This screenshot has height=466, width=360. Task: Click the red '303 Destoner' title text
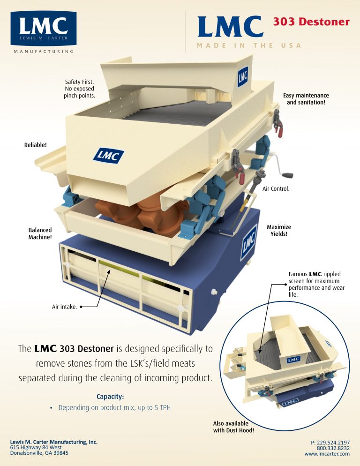pyautogui.click(x=311, y=22)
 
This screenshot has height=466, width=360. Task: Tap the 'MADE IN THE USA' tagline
pyautogui.click(x=249, y=45)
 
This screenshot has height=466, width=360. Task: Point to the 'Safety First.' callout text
pyautogui.click(x=80, y=89)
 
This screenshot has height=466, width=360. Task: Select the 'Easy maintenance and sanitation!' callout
pyautogui.click(x=306, y=99)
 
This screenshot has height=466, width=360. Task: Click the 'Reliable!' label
pyautogui.click(x=36, y=145)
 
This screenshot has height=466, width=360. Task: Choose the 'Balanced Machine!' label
pyautogui.click(x=40, y=234)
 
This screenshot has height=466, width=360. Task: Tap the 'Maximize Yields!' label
pyautogui.click(x=278, y=230)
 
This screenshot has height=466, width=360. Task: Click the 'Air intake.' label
pyautogui.click(x=65, y=308)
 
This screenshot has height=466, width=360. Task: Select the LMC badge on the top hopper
pyautogui.click(x=242, y=76)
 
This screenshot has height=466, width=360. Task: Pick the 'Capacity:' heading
pyautogui.click(x=110, y=396)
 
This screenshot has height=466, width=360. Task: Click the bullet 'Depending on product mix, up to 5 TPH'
pyautogui.click(x=114, y=408)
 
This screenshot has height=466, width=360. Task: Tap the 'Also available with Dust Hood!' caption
pyautogui.click(x=233, y=426)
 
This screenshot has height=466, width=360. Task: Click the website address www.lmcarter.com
pyautogui.click(x=327, y=454)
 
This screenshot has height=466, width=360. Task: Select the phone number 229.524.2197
pyautogui.click(x=330, y=443)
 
